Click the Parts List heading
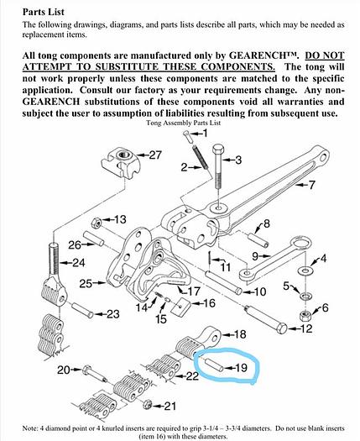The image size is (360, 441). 44,12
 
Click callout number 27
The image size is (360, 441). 155,155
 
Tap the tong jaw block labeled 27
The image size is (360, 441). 120,163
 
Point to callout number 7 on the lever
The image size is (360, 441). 311,185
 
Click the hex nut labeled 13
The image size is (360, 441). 97,223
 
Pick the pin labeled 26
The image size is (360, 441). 94,239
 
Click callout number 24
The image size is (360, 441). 79,263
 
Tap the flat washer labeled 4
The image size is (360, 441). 305,270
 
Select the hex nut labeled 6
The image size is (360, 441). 305,316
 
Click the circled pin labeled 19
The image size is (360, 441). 215,364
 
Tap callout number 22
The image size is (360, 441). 192,375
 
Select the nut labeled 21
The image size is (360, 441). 148,405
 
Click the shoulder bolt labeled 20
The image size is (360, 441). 95,375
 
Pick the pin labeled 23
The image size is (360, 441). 82,310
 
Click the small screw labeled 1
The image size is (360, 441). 187,137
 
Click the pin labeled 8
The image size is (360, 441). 258,240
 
